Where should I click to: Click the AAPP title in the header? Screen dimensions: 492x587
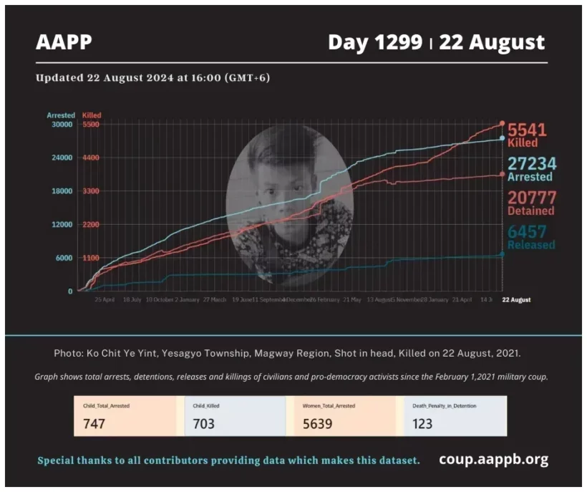(64, 42)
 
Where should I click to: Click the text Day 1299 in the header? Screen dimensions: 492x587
(374, 42)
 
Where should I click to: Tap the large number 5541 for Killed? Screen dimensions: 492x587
(527, 130)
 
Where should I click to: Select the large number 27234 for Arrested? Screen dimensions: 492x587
(531, 164)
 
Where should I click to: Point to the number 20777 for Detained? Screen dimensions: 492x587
(531, 198)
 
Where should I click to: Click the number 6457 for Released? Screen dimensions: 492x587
(527, 231)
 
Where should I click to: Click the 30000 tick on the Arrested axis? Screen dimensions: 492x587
(62, 124)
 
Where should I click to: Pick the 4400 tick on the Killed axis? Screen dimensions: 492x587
(91, 158)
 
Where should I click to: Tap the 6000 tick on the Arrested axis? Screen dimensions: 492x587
(64, 258)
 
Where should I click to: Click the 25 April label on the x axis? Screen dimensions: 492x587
(105, 300)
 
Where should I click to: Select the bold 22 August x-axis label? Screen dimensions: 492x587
(516, 300)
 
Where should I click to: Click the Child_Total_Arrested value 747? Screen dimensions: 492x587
(94, 423)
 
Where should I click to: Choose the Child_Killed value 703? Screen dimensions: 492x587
(203, 423)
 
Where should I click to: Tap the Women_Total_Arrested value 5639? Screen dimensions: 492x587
(317, 423)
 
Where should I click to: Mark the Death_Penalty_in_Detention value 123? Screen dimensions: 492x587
(422, 423)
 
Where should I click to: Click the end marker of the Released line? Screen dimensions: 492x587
(502, 254)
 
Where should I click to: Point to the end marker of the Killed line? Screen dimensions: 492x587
(502, 123)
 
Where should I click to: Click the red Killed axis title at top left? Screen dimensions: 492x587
(92, 115)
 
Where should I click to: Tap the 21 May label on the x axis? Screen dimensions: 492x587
(351, 300)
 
